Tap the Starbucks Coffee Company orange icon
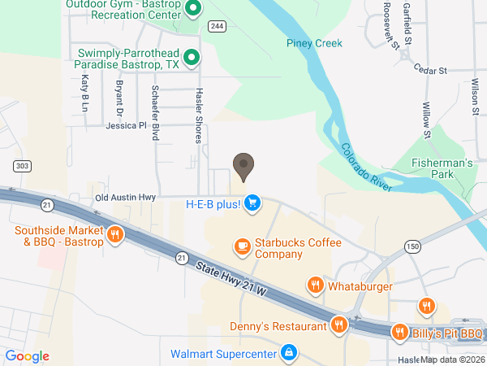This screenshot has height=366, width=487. [241, 246]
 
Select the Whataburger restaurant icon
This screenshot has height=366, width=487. [314, 285]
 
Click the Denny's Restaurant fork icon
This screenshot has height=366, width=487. [340, 326]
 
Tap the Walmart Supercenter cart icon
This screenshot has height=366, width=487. [288, 353]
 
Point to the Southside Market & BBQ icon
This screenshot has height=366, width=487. [115, 236]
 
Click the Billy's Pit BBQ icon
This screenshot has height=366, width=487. [399, 333]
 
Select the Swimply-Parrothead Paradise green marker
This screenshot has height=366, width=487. [192, 57]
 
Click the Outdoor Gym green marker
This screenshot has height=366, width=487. [193, 10]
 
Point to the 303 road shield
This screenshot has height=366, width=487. [22, 166]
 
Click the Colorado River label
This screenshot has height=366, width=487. [366, 168]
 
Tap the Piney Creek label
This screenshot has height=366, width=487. [314, 43]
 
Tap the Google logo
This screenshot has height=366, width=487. [27, 356]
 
